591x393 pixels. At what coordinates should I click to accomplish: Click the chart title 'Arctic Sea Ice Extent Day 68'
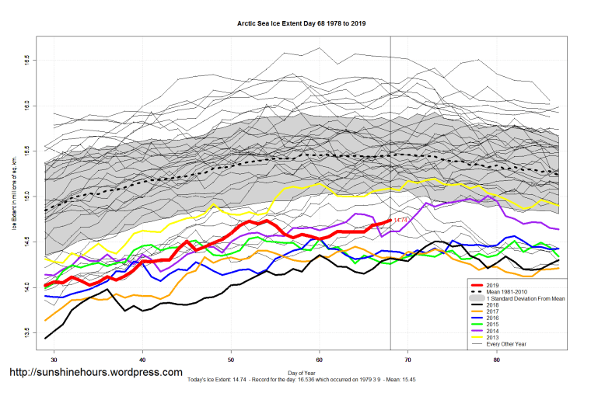coord(302,24)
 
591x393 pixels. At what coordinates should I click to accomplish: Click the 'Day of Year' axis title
coord(302,374)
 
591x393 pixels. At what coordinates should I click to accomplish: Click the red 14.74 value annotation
coord(400,221)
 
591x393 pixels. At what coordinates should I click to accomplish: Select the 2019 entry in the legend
coord(492,285)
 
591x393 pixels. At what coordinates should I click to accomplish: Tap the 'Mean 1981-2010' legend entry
coord(505,292)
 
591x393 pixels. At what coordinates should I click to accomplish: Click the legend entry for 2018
coord(492,306)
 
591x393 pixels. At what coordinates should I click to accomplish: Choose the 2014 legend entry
coord(492,333)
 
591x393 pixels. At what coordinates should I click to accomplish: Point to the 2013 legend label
coord(492,339)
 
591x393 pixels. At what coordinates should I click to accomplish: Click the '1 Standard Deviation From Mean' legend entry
coord(525,299)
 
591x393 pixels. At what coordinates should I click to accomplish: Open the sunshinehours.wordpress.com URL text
coord(95,372)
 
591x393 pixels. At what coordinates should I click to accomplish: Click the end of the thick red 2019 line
coord(390,221)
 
